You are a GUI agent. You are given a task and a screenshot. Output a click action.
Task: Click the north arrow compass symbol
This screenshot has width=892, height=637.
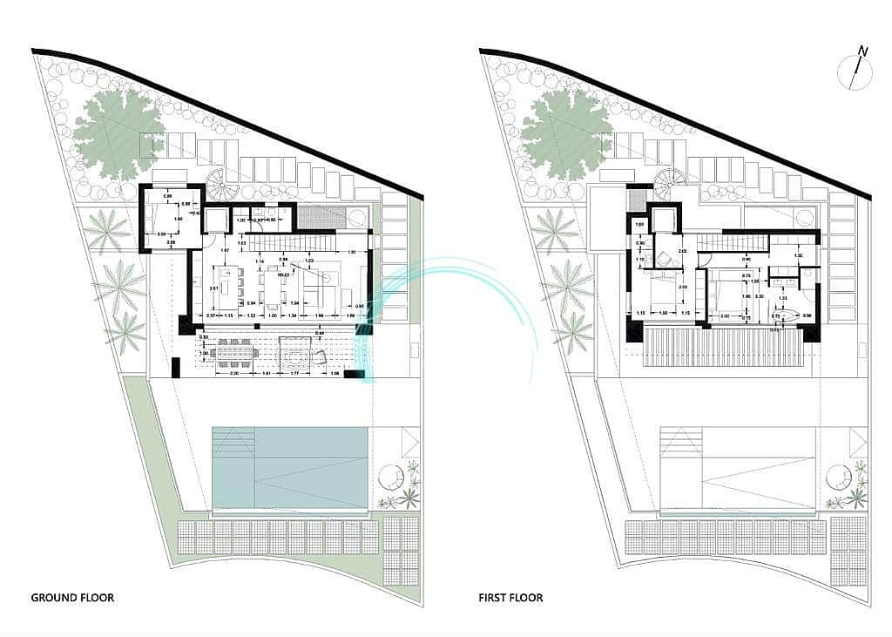click(856, 70)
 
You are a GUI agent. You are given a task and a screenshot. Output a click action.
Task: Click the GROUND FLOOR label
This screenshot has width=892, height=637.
click(72, 598)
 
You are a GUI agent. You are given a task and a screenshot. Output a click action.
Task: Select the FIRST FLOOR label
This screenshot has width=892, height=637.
click(510, 598)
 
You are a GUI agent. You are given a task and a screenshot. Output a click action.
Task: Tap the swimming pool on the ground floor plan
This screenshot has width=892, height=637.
click(290, 466)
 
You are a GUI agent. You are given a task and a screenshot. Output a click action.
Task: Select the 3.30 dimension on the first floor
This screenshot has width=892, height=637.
click(760, 296)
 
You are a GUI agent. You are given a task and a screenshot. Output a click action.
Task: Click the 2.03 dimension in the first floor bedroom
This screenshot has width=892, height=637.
click(684, 288)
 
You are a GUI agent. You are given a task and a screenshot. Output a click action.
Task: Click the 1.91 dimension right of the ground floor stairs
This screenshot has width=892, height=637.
click(350, 253)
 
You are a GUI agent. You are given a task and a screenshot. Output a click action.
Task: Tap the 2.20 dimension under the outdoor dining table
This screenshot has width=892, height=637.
click(234, 373)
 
